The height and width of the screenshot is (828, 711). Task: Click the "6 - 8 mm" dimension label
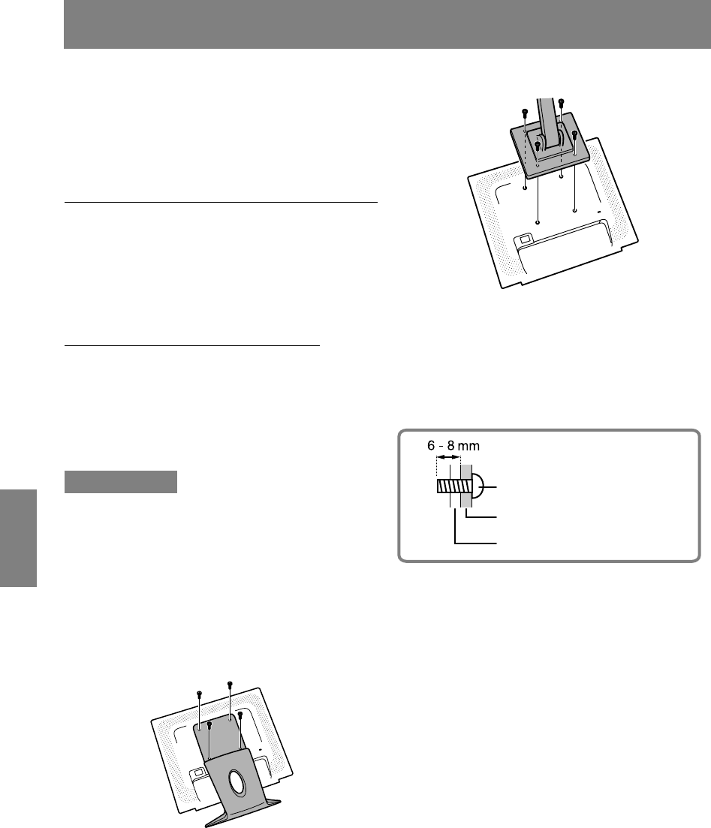[453, 446]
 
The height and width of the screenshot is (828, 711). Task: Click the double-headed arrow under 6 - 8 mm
[448, 457]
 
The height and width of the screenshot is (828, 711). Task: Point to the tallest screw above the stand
[230, 685]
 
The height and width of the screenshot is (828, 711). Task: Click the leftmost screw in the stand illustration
[199, 694]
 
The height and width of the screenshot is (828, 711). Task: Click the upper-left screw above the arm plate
[525, 113]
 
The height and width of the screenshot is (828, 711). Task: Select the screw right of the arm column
[574, 134]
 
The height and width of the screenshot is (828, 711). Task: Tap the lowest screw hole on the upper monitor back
[538, 222]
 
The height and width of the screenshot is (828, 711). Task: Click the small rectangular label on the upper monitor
[524, 239]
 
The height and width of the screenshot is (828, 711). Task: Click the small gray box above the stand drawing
[120, 482]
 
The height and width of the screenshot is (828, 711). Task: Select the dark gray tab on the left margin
[19, 538]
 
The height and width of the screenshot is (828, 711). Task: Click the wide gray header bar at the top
[387, 24]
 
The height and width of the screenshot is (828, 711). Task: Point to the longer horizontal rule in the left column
[221, 202]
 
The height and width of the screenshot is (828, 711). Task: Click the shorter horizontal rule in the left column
[192, 345]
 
